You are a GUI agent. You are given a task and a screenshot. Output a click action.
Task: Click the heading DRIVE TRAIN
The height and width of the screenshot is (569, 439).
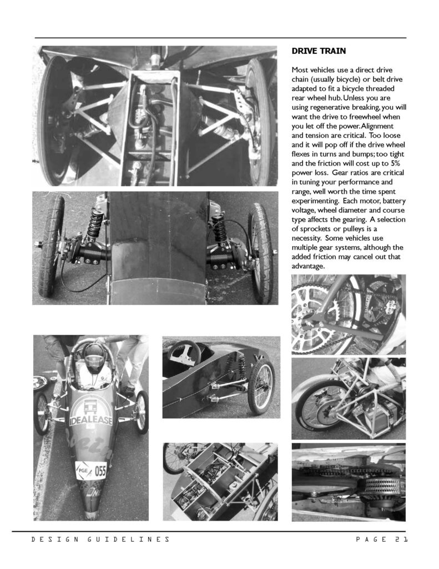tap(319, 51)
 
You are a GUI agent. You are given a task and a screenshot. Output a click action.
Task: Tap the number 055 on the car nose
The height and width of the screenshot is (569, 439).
tap(100, 471)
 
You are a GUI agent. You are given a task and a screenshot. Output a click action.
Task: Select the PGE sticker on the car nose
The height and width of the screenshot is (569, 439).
tap(83, 470)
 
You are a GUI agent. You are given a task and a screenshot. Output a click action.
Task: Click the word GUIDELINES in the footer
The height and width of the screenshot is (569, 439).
tap(128, 540)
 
